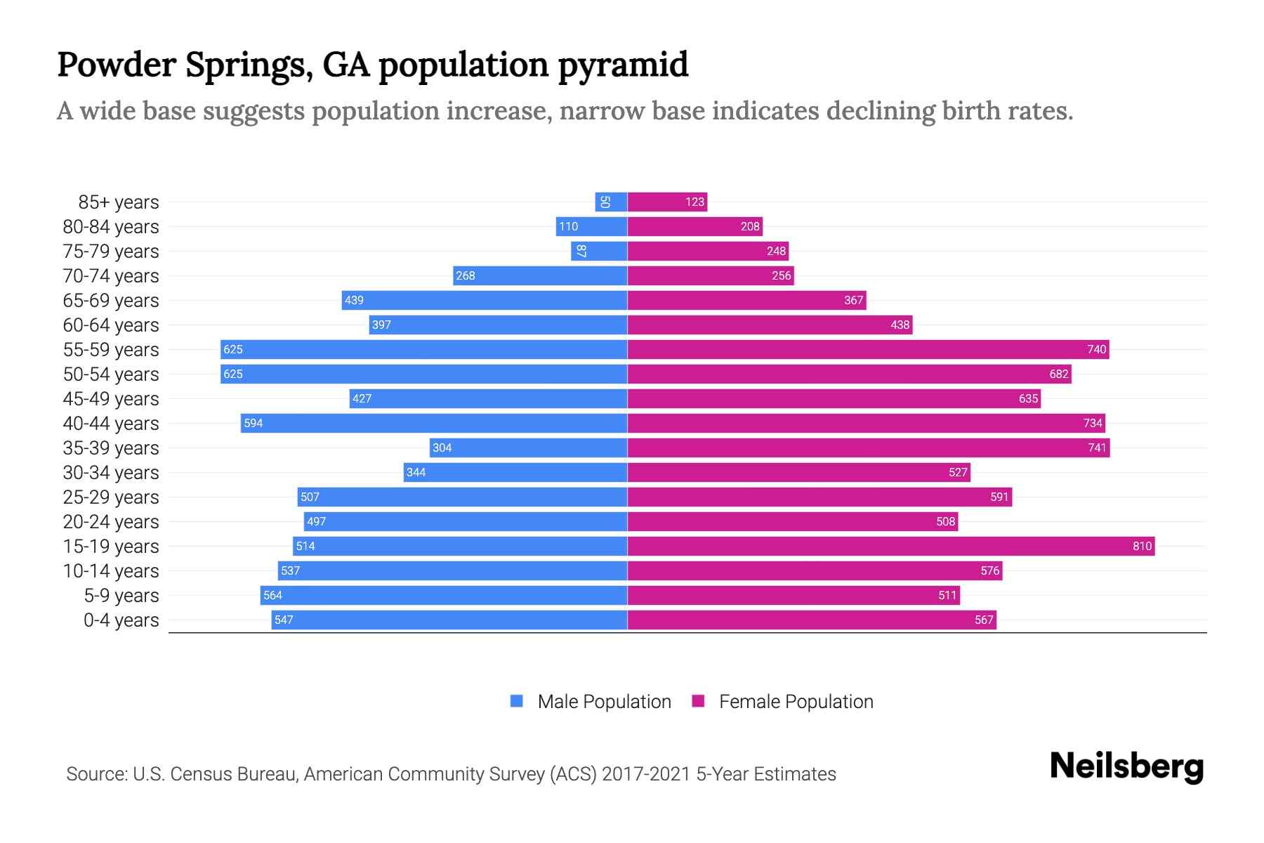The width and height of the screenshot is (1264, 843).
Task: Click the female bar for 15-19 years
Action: point(890,546)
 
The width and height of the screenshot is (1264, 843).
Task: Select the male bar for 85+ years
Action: point(611,202)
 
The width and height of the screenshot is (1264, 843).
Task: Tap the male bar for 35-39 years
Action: point(528,447)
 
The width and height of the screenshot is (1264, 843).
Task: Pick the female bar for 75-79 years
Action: point(708,251)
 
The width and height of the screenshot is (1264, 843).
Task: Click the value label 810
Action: point(1142,546)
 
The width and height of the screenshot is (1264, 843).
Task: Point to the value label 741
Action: point(1097,447)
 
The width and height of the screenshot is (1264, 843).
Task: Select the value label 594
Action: point(253,423)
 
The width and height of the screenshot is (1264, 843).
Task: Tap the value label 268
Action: point(465,275)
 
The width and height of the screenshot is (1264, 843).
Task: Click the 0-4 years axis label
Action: point(121,620)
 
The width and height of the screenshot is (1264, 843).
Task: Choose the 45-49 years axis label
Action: point(111,399)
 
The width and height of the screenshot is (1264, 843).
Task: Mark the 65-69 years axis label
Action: point(111,301)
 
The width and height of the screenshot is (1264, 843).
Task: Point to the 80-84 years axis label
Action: point(111,227)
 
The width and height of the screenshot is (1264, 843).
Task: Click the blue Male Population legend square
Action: point(517,701)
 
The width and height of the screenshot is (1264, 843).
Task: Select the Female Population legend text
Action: point(796,701)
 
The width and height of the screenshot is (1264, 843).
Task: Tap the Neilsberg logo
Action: point(1126,766)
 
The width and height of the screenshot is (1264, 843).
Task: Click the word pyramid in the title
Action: point(623,65)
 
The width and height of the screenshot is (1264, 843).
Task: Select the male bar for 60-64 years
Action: point(498,325)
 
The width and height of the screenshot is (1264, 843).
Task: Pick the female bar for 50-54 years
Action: point(849,374)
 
